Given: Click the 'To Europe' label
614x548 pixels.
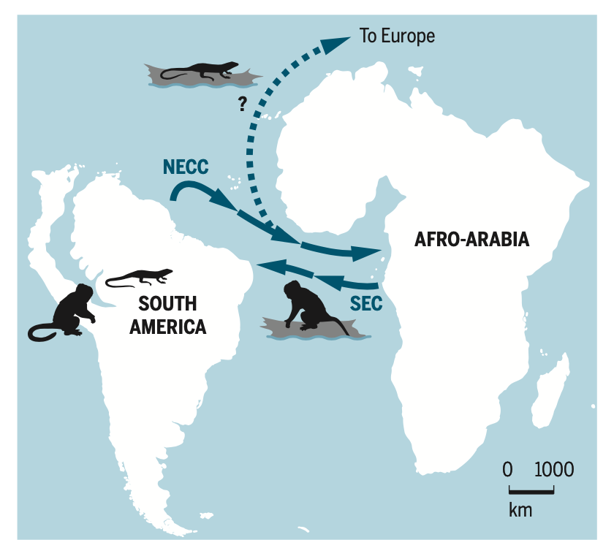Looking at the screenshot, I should (397, 36).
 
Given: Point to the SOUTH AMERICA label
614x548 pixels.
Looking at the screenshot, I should (167, 315).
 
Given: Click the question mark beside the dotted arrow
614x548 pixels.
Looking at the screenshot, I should (241, 104).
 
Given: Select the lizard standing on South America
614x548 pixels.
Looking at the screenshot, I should (140, 276).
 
